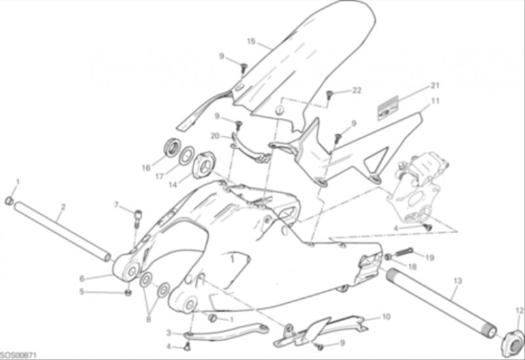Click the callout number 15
point(251,41)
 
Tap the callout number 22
point(357,90)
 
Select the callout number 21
point(434,86)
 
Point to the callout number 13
point(457,281)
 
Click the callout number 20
point(215,136)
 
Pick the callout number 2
point(63,207)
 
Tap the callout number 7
point(116,205)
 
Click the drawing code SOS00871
point(18,355)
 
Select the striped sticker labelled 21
point(388,108)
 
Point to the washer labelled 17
point(186,155)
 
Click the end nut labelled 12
point(513,342)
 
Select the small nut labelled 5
point(127,292)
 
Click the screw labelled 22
point(329,94)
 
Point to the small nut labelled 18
point(388,257)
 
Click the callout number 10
point(386,317)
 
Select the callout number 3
point(169,332)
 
